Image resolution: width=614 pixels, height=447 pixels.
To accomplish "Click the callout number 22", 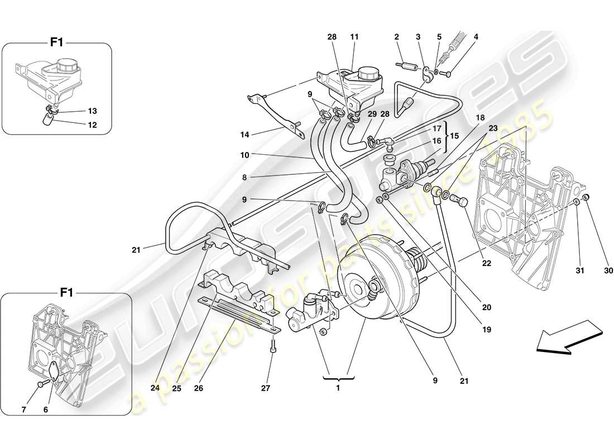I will [x=487, y=263].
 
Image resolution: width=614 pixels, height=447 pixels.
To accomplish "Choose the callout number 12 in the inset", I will [x=92, y=125].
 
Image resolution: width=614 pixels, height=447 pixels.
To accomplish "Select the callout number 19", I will [x=486, y=330].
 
